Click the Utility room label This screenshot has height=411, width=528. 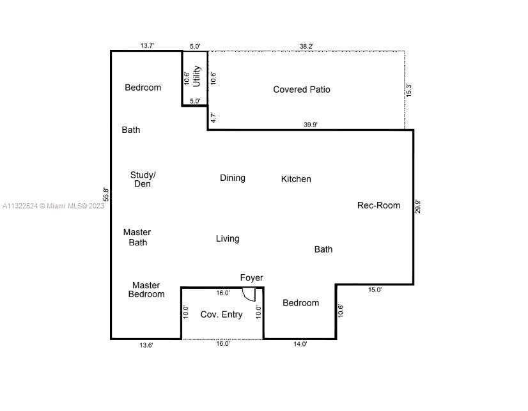tap(197, 77)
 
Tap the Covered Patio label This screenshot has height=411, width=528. tap(302, 89)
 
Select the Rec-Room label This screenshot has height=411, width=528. tap(379, 205)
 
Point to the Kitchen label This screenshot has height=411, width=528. tap(296, 179)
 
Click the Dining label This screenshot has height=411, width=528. tap(233, 178)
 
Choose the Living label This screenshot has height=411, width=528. tap(228, 238)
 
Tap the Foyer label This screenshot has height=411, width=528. tap(252, 277)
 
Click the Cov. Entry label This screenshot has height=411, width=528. tap(222, 314)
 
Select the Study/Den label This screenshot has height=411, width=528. tap(143, 180)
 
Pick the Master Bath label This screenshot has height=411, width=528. tap(137, 237)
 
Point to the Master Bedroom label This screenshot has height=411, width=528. tap(146, 290)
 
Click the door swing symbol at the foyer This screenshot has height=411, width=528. tap(249, 295)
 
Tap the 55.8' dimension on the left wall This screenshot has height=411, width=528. tap(106, 194)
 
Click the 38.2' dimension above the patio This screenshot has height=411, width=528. tap(307, 47)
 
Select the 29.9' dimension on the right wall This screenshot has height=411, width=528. tap(417, 206)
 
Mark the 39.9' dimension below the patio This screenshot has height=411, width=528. tap(311, 125)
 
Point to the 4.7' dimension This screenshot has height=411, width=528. tap(213, 118)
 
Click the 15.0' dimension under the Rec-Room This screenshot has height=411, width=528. tap(375, 290)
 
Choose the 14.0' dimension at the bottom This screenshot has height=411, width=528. tap(300, 344)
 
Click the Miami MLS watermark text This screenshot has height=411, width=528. tap(54, 206)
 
